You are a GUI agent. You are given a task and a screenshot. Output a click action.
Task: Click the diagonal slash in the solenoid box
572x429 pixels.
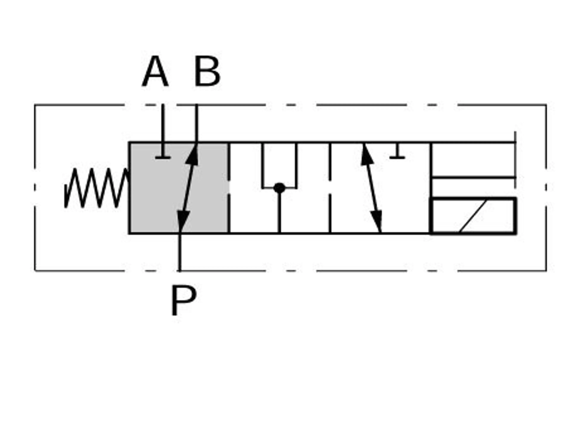pyautogui.click(x=473, y=216)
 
